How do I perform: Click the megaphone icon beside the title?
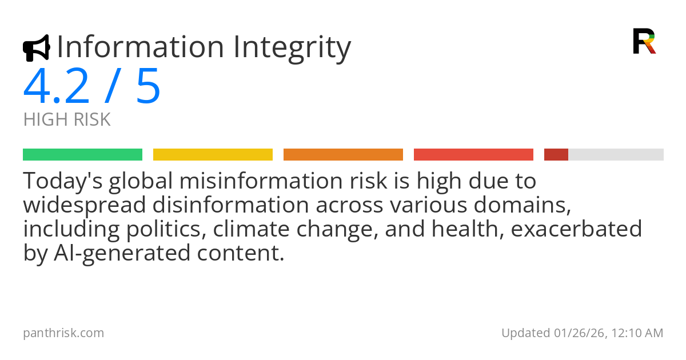(x=37, y=48)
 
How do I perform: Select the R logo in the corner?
(x=644, y=41)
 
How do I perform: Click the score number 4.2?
(x=56, y=87)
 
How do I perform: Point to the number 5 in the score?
(x=148, y=87)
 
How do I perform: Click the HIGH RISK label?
(x=67, y=120)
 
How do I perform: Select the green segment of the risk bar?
(x=82, y=155)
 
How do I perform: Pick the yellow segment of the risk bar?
(x=213, y=155)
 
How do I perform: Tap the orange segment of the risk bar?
(x=343, y=155)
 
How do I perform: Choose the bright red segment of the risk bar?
(x=473, y=155)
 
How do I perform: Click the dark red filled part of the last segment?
(x=556, y=155)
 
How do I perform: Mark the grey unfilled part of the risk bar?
(x=616, y=155)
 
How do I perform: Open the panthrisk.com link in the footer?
(x=63, y=333)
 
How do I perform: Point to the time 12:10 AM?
(x=638, y=333)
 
